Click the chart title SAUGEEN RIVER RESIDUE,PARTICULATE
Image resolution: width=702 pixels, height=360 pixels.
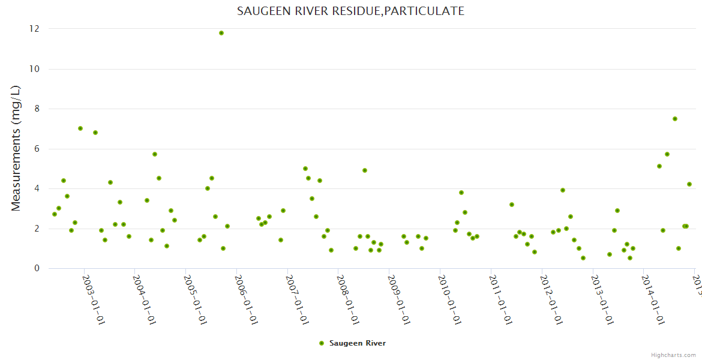350,11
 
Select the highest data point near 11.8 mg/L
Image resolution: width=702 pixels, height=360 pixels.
221,33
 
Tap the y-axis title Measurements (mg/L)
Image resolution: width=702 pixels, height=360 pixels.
16,148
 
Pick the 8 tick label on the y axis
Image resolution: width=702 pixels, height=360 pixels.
37,109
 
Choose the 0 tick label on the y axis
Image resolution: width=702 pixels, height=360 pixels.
37,268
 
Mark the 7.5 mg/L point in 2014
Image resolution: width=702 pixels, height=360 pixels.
675,119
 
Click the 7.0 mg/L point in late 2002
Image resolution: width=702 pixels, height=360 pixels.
80,128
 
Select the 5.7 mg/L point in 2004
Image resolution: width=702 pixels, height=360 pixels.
155,154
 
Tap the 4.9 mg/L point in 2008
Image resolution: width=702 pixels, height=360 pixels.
365,170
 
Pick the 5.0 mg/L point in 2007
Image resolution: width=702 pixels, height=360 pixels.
305,169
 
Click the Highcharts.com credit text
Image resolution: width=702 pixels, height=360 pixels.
674,355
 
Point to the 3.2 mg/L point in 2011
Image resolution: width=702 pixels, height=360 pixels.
512,205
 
